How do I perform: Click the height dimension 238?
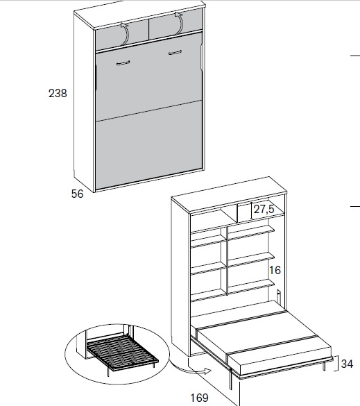click(58, 93)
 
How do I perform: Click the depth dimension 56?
click(77, 194)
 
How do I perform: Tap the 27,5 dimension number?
click(264, 209)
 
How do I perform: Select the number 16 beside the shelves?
click(275, 271)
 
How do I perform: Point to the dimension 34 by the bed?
click(347, 364)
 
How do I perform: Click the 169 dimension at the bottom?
click(199, 398)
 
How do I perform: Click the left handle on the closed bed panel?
click(123, 63)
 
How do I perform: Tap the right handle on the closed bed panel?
click(175, 53)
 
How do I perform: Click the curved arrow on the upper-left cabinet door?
click(126, 33)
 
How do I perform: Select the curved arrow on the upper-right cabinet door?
click(180, 23)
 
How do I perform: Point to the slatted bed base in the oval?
click(122, 351)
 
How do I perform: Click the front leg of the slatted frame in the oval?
click(108, 371)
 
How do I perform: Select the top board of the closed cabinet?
click(139, 15)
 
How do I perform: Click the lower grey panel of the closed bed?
click(148, 145)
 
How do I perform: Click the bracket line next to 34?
click(336, 364)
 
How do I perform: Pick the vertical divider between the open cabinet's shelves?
click(227, 261)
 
